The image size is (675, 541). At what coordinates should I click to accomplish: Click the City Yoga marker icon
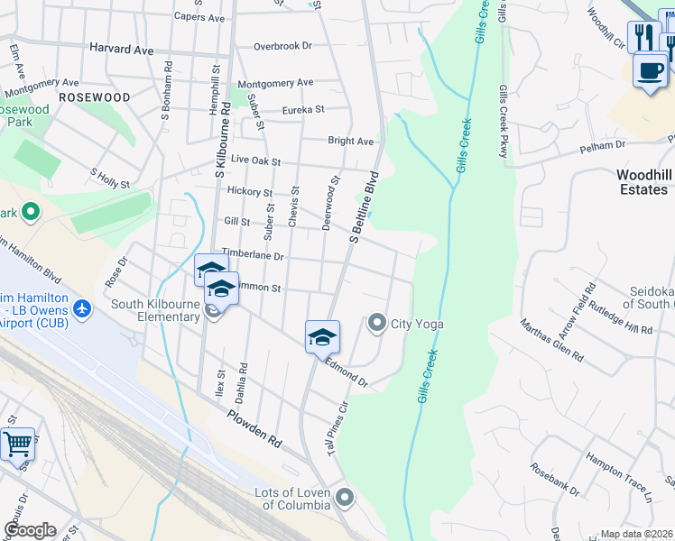[x=377, y=322]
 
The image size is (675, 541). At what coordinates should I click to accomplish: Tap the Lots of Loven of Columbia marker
[x=344, y=498]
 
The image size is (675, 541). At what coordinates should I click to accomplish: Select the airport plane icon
[x=83, y=309]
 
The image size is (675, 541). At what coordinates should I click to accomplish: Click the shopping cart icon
[x=17, y=444]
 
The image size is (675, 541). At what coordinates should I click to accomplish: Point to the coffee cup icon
[x=650, y=69]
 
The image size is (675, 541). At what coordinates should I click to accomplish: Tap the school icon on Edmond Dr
[x=322, y=337]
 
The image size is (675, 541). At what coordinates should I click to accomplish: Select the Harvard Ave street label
[x=122, y=50]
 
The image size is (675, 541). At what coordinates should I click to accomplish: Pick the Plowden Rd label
[x=254, y=427]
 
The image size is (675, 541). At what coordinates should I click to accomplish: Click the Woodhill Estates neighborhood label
[x=643, y=182]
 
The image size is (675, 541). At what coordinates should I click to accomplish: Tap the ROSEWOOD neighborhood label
[x=94, y=96]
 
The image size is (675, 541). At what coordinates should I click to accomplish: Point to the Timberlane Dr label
[x=254, y=256]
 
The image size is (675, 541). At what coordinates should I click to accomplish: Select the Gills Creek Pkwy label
[x=502, y=121]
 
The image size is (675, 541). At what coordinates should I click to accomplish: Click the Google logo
[x=30, y=530]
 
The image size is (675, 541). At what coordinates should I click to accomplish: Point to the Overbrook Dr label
[x=282, y=45]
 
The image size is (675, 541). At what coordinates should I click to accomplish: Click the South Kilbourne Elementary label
[x=154, y=310]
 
